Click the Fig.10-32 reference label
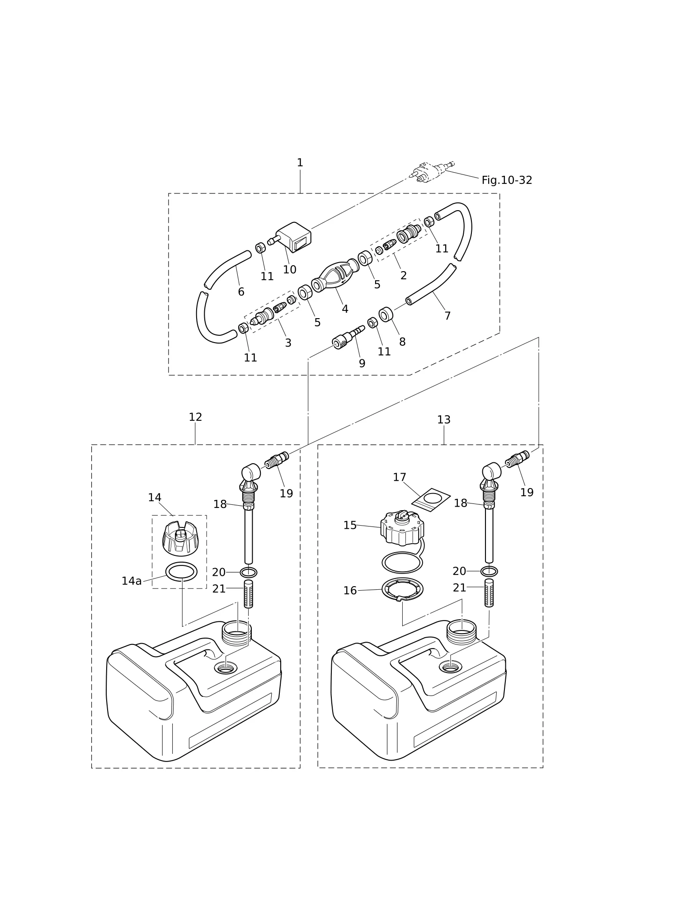point(507,180)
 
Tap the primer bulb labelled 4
point(335,275)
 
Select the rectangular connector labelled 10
point(293,236)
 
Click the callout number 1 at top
point(300,163)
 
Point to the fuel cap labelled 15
point(402,528)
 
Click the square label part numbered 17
point(431,499)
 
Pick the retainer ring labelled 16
point(402,589)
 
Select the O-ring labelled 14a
point(181,572)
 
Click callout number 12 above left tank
point(195,417)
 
